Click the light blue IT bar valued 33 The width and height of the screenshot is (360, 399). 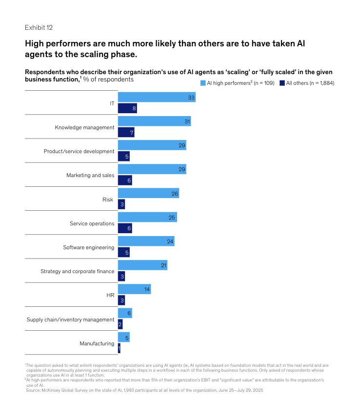point(156,98)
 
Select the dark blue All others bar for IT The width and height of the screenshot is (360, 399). point(127,108)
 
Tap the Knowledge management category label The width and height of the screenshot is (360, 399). point(84,127)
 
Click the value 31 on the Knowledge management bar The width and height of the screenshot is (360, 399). point(187,121)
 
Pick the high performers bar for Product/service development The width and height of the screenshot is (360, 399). point(152,145)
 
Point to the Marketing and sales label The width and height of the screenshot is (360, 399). point(90,175)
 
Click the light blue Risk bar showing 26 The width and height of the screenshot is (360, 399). point(148,193)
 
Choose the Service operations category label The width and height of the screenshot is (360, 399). point(92,223)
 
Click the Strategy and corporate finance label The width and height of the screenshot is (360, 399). point(77,271)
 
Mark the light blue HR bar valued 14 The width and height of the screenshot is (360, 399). point(134,289)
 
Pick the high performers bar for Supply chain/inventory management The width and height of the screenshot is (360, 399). point(124,314)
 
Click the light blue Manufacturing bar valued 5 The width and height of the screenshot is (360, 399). point(123,338)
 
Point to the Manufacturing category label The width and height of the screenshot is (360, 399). point(97,343)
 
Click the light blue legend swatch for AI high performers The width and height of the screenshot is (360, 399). point(203,83)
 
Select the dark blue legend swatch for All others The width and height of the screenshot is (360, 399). point(282,83)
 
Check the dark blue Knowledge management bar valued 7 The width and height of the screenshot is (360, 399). point(126,133)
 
